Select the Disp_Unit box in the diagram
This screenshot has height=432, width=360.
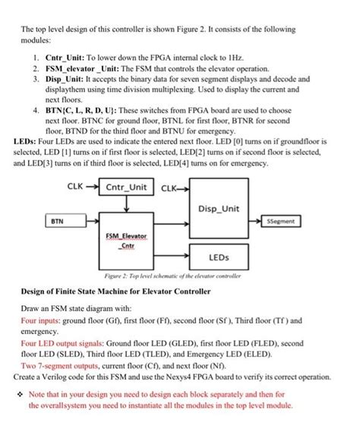point(218,207)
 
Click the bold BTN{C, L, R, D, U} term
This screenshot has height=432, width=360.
point(85,109)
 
